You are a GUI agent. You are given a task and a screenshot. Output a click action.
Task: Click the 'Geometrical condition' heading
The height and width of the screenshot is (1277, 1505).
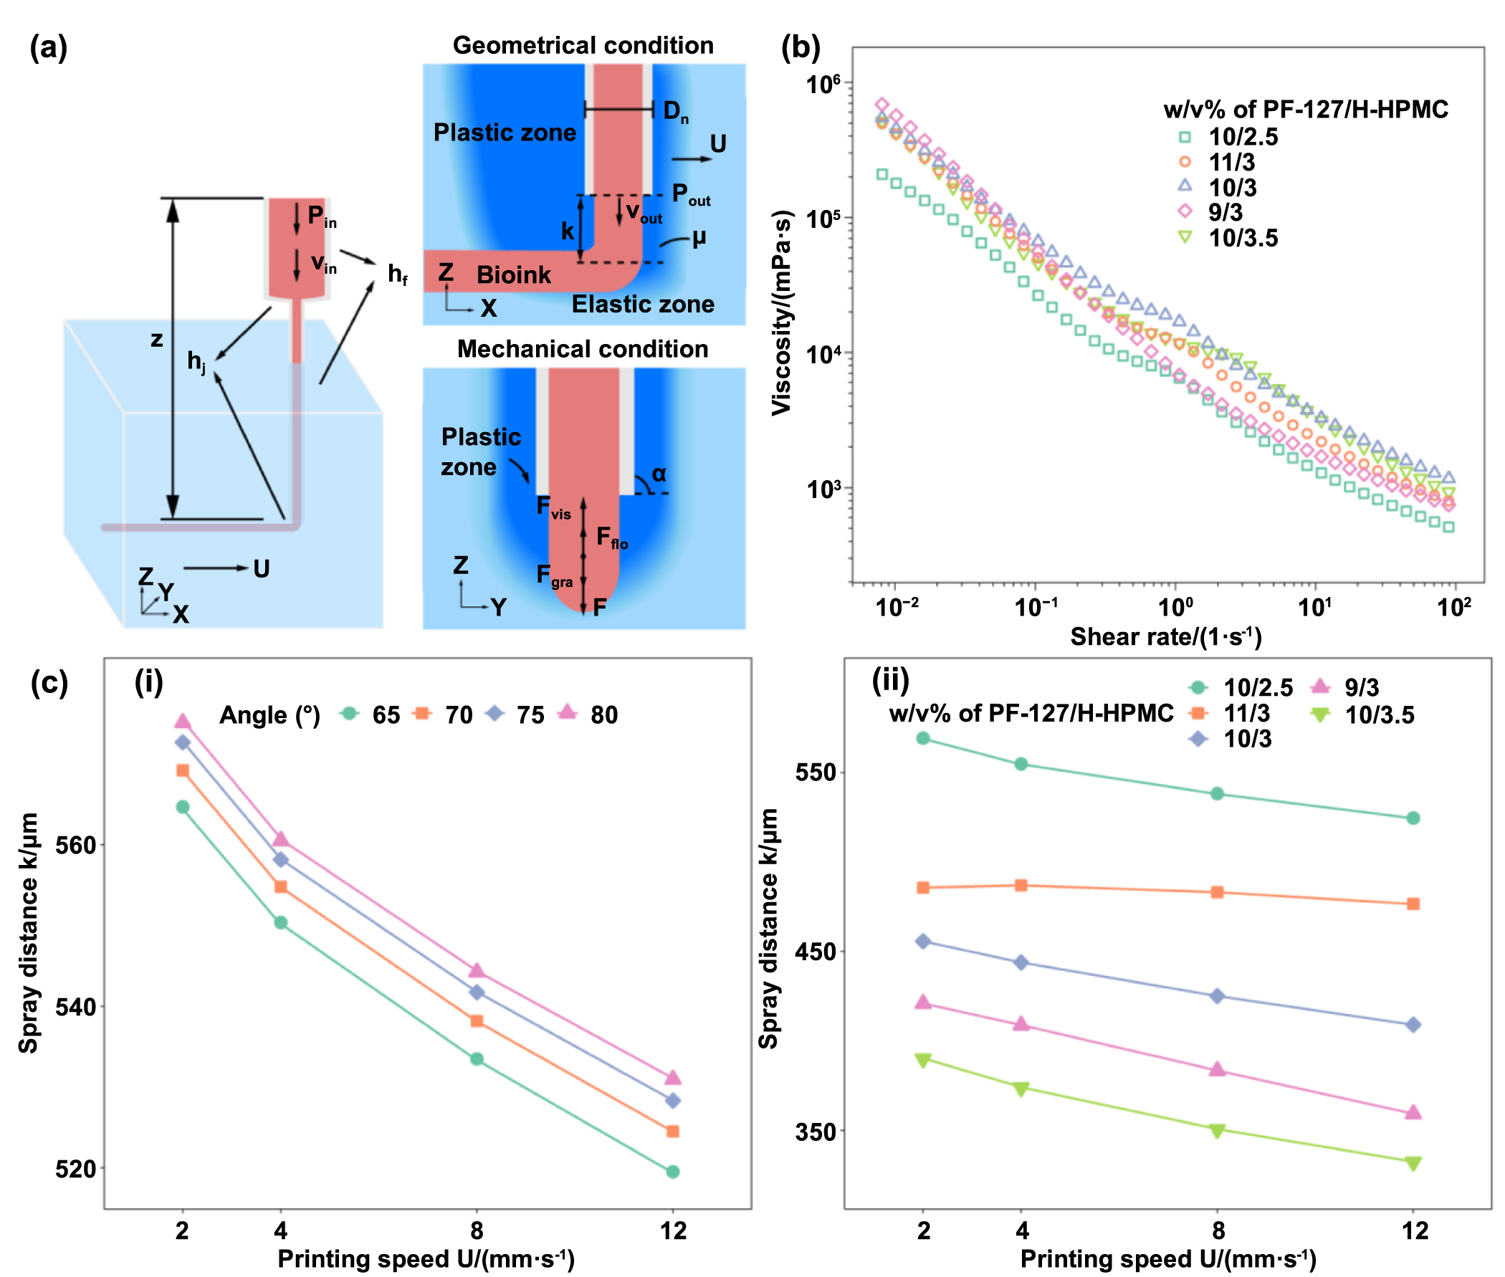(x=583, y=46)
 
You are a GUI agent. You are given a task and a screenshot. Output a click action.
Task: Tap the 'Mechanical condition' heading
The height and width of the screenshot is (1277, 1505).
(x=583, y=350)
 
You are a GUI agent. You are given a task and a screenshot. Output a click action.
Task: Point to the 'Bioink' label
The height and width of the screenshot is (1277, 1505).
(x=513, y=275)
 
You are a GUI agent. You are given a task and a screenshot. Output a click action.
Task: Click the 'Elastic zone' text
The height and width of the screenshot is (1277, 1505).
(x=643, y=305)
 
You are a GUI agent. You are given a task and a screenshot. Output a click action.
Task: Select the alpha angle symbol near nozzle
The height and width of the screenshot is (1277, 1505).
(x=658, y=474)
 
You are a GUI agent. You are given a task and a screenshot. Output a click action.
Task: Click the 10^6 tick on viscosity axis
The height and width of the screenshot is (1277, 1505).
(x=823, y=84)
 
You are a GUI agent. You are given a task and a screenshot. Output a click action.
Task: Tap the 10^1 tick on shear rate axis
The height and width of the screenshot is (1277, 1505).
(x=1314, y=608)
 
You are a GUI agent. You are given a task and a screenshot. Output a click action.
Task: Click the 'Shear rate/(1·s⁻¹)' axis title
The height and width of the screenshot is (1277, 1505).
(x=1165, y=637)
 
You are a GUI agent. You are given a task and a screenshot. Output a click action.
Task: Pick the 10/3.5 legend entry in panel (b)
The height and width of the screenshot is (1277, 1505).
(x=1242, y=238)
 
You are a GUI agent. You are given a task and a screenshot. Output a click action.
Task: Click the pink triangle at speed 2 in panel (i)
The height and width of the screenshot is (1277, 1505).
(x=183, y=722)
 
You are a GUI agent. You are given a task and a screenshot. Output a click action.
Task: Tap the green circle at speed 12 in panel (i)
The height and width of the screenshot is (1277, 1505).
(x=672, y=1172)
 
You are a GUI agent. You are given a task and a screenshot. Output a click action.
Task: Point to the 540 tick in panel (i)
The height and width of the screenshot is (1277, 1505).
(x=75, y=1007)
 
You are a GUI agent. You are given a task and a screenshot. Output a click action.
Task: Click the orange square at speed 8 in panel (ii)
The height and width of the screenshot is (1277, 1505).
(x=1218, y=893)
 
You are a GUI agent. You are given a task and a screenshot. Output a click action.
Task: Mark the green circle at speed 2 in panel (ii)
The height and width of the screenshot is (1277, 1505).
(x=923, y=738)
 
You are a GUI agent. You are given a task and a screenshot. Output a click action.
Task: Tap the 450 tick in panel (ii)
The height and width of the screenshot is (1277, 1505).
(x=815, y=952)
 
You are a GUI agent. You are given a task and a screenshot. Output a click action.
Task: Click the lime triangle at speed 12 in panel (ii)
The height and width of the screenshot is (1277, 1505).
(x=1413, y=1163)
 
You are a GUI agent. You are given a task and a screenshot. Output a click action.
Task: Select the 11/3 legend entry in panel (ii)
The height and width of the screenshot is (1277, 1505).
(x=1246, y=714)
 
